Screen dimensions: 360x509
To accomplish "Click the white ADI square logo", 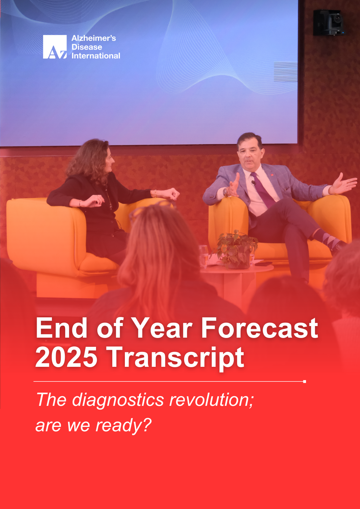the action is point(55,46).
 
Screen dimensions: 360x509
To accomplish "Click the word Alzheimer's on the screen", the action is point(94,38).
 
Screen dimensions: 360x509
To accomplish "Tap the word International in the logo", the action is point(96,56).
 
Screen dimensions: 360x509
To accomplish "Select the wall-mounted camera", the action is point(328,22).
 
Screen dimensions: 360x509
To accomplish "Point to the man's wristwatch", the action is point(225,192).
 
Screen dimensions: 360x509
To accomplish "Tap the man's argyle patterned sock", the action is point(326,239).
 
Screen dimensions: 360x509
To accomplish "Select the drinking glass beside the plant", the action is point(203,257).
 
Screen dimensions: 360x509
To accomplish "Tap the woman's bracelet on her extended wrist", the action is point(155,193).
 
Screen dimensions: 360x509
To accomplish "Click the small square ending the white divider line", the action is point(305,381).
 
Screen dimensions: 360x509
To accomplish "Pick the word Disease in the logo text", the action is point(87,47).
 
